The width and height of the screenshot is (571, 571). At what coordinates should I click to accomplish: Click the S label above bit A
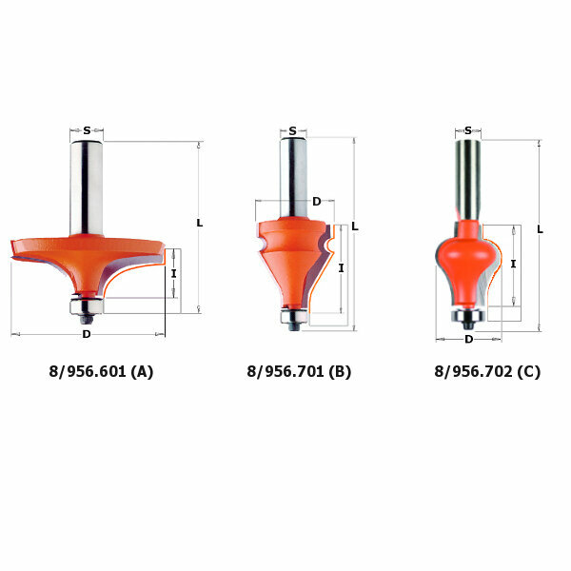(x=87, y=130)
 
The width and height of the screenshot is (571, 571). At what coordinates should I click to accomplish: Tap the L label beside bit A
(x=200, y=223)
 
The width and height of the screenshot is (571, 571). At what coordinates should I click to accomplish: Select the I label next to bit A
(x=174, y=273)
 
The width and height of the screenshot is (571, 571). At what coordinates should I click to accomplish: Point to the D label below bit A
(x=87, y=334)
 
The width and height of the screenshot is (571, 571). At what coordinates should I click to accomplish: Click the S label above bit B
(x=293, y=131)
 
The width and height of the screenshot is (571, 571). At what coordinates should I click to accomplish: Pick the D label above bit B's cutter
(x=317, y=202)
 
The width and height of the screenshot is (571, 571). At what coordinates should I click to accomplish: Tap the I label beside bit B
(x=342, y=268)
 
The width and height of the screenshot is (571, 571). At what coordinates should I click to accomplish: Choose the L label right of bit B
(x=355, y=226)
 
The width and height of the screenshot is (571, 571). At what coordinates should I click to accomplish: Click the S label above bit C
(x=468, y=130)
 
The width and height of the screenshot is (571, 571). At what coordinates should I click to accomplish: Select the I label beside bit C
(x=514, y=264)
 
